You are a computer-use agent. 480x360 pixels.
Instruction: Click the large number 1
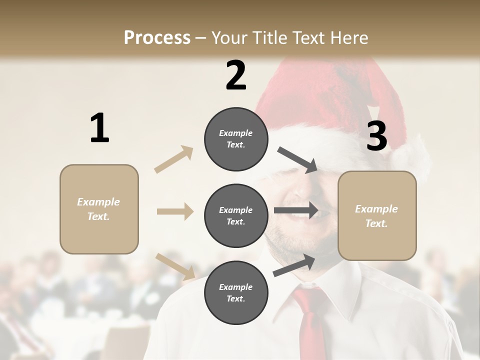pos(99,128)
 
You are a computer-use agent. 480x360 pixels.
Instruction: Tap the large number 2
pos(236,75)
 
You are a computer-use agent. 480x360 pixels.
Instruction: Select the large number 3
pos(377,136)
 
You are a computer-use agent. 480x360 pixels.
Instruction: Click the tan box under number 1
pos(99,209)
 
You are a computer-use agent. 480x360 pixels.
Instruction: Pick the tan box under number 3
pos(377,216)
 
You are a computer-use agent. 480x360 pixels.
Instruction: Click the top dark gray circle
pos(236,139)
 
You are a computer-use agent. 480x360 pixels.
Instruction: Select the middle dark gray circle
pos(236,216)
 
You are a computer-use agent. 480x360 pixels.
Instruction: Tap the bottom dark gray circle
pos(236,293)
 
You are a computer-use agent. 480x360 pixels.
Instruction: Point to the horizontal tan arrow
pos(175,211)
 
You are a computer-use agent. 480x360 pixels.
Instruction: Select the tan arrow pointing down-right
pos(175,266)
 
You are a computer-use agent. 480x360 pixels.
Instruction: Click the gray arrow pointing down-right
pos(298,160)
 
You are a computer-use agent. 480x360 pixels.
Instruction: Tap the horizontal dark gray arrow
pos(296,210)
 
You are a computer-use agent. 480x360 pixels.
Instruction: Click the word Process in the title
pos(157,37)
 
